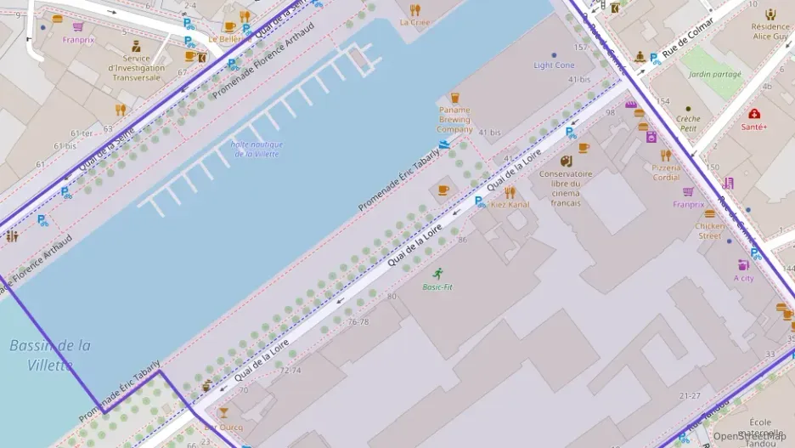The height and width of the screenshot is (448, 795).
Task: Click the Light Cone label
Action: point(554,65)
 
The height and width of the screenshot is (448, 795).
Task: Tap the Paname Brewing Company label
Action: point(454,120)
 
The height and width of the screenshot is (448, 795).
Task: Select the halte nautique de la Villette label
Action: point(256,148)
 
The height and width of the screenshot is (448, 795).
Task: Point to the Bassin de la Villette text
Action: point(50,355)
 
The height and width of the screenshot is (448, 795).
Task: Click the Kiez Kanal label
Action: point(510,205)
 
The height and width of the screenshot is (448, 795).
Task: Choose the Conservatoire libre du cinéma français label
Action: point(565,188)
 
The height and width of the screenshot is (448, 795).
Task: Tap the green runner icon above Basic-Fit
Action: point(437,274)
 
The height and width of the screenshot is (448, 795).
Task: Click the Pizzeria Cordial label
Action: point(666,173)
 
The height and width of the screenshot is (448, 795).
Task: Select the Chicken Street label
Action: point(709,230)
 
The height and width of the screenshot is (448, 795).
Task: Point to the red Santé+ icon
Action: point(754,113)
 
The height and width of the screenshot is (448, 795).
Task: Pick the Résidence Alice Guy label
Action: point(770,31)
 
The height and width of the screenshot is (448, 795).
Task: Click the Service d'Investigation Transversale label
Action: point(136,68)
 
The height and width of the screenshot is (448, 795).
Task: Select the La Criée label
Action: point(414,22)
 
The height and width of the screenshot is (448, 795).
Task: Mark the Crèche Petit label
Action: point(688,124)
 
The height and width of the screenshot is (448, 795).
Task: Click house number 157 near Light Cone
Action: point(581,48)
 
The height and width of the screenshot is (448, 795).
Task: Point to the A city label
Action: point(743,278)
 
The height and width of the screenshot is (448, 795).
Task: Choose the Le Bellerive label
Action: point(224,39)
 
